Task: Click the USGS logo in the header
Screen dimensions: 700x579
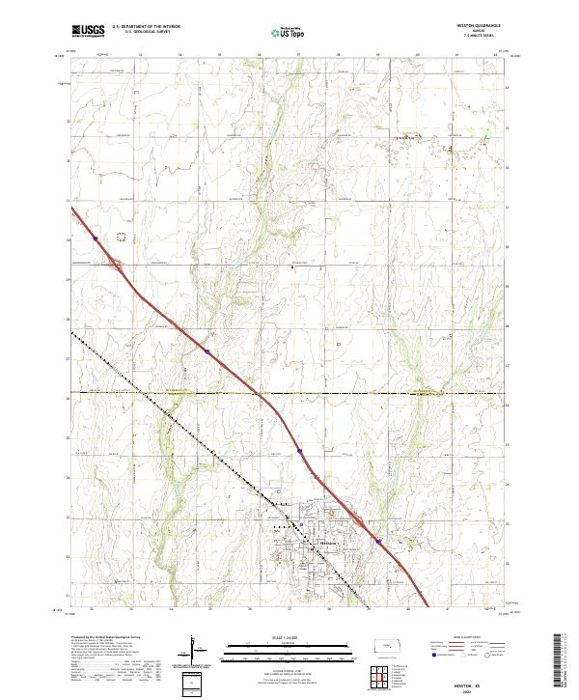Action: (x=88, y=31)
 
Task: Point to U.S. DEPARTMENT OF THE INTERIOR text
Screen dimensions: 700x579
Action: (x=146, y=26)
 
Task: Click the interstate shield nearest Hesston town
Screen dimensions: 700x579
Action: (x=378, y=541)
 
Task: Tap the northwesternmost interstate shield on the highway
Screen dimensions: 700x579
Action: (x=96, y=238)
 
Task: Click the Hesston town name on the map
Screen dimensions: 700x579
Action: (x=329, y=546)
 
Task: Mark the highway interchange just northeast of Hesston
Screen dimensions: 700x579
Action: (x=359, y=521)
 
